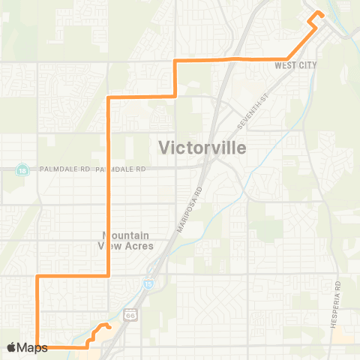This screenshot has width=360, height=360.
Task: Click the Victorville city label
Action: pyautogui.click(x=202, y=148)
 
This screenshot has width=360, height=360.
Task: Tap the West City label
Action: pyautogui.click(x=295, y=65)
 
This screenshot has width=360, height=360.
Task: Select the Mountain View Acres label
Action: pyautogui.click(x=127, y=240)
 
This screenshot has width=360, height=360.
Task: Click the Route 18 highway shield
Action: pyautogui.click(x=22, y=169)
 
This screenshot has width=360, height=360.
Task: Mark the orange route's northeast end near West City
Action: pyautogui.click(x=317, y=12)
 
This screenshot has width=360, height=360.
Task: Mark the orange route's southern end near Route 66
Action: pyautogui.click(x=109, y=328)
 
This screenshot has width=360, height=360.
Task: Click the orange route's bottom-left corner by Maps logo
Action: pyautogui.click(x=37, y=347)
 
